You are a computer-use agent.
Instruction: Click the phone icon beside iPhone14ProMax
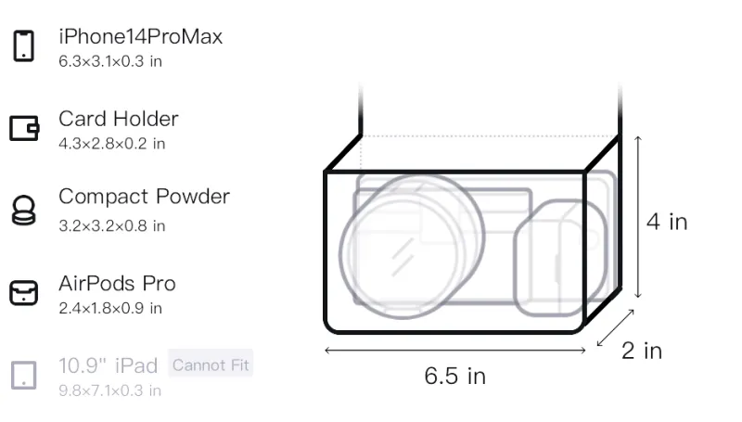(x=24, y=45)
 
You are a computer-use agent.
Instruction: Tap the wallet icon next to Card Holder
(x=24, y=128)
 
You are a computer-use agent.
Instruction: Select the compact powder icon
(x=23, y=210)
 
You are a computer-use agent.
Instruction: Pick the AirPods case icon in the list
(x=24, y=293)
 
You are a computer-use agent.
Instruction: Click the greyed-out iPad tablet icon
(x=24, y=376)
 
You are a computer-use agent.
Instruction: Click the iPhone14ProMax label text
(x=141, y=36)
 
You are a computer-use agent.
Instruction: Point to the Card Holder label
(x=119, y=119)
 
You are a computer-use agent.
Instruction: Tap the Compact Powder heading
(x=145, y=197)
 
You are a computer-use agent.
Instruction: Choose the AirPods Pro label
(x=118, y=284)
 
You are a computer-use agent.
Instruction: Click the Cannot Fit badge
(x=211, y=364)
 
